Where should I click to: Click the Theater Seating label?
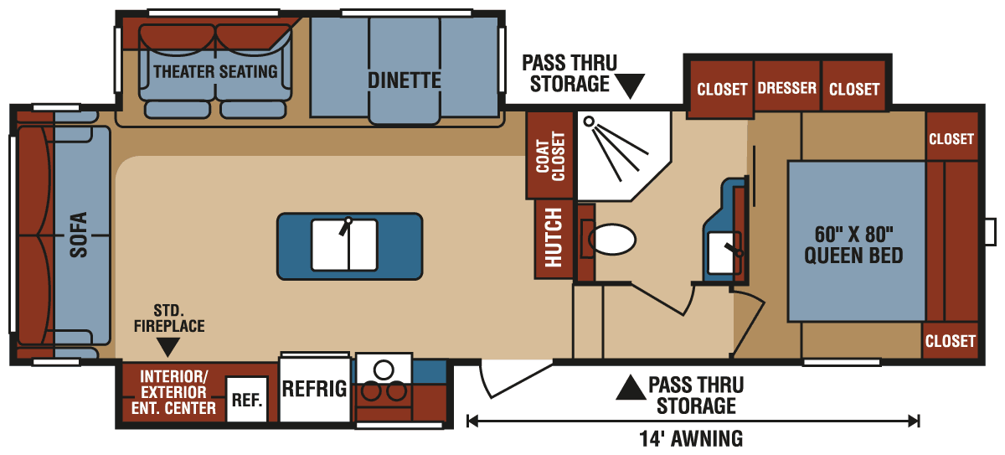215,71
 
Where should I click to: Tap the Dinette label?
404,80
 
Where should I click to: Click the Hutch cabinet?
554,238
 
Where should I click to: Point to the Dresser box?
786,88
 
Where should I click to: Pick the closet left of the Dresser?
721,88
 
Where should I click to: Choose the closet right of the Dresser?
854,88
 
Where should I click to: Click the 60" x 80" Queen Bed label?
853,243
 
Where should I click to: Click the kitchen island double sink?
348,245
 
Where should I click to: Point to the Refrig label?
314,389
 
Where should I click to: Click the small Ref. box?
247,401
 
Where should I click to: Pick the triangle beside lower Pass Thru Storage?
629,387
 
